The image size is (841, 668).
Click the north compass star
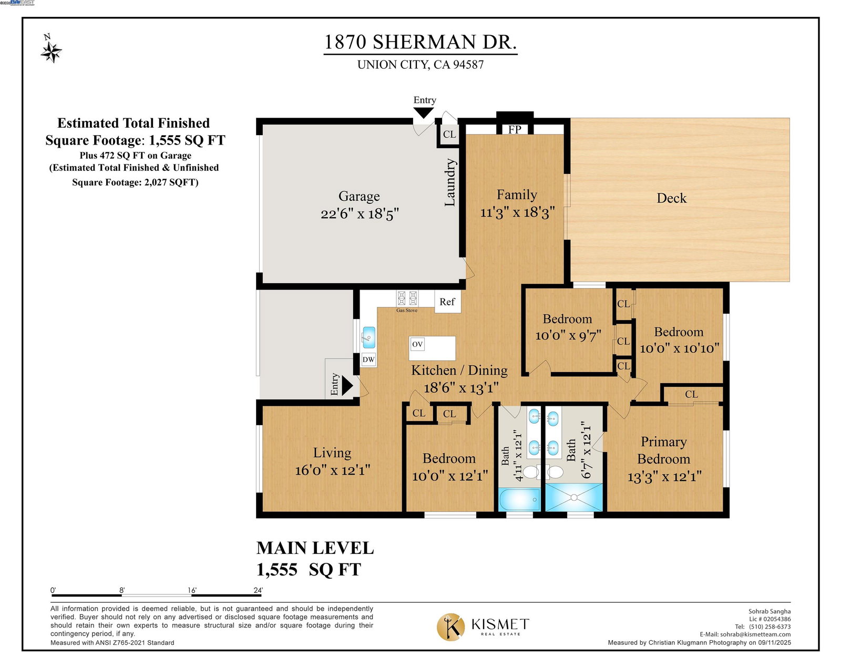click(51, 52)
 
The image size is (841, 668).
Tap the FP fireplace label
click(514, 129)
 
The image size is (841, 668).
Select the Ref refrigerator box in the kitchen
click(447, 301)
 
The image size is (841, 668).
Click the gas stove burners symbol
click(407, 298)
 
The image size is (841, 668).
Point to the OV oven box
click(417, 344)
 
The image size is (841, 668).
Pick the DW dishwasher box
click(368, 359)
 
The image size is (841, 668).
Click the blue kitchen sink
click(368, 337)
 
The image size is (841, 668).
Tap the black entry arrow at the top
click(423, 113)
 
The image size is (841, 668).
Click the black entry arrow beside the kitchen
click(347, 386)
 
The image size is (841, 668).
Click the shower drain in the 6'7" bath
click(573, 497)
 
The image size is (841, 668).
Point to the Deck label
click(671, 198)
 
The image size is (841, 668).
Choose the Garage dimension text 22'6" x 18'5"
click(360, 214)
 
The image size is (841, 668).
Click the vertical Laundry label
click(450, 182)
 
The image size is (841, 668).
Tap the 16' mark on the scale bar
click(191, 590)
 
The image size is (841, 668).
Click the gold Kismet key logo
click(450, 627)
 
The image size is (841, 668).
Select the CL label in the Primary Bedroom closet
click(691, 394)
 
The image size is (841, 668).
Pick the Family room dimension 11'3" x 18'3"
click(517, 212)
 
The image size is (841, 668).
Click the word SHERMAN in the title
click(424, 42)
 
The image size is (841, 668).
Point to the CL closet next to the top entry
click(449, 134)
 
